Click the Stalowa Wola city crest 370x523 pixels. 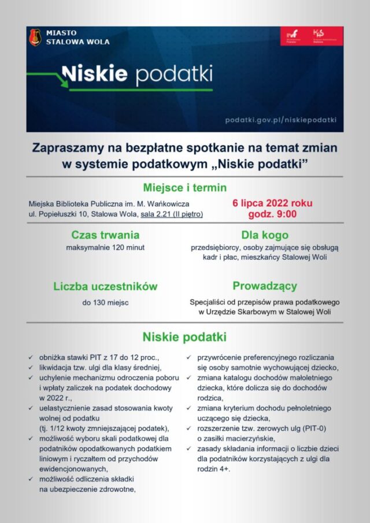point(35,38)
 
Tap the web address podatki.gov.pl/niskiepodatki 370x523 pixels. point(281,120)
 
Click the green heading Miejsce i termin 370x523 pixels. point(184,188)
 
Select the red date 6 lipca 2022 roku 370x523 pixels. point(272,203)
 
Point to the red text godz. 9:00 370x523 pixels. point(272,214)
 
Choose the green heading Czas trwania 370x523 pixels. point(105,235)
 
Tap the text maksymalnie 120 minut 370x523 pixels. point(105,247)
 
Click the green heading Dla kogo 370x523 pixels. point(265,235)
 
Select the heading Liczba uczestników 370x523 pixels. point(105,287)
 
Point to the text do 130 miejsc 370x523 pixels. point(105,302)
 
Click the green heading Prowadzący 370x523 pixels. point(265,286)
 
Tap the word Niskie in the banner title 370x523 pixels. point(94,74)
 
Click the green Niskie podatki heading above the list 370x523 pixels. point(184,337)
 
